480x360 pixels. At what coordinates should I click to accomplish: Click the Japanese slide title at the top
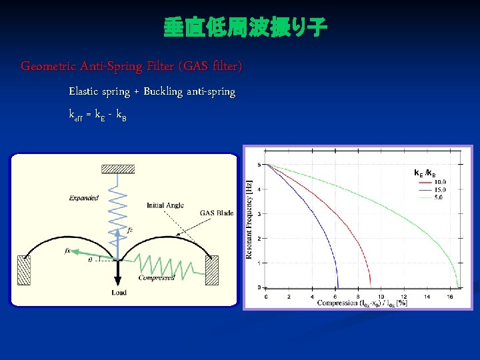[x=245, y=28]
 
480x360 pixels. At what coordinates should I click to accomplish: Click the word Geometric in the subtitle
[x=48, y=67]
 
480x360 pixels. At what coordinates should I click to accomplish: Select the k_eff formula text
[x=97, y=115]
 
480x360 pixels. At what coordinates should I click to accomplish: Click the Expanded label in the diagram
[x=83, y=198]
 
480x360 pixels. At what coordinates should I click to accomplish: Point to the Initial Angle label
[x=165, y=205]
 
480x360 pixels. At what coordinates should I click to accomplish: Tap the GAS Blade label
[x=217, y=213]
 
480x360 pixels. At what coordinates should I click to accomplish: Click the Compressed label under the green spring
[x=156, y=278]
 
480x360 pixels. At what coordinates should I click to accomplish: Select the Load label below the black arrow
[x=119, y=293]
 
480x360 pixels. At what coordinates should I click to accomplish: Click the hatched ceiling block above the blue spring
[x=117, y=169]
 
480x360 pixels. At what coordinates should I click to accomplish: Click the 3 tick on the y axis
[x=259, y=214]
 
